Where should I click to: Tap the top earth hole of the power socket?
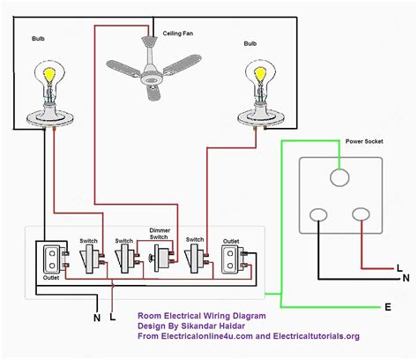(340, 178)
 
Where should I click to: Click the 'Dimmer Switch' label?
(160, 235)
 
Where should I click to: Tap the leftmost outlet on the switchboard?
(49, 258)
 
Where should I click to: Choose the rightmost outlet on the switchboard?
(232, 258)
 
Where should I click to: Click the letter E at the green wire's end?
(387, 307)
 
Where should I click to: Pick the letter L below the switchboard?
(112, 317)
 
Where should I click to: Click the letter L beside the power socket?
(400, 267)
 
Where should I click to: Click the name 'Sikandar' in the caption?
(208, 325)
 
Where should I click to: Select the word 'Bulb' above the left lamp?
(38, 40)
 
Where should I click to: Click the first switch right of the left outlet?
(88, 258)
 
